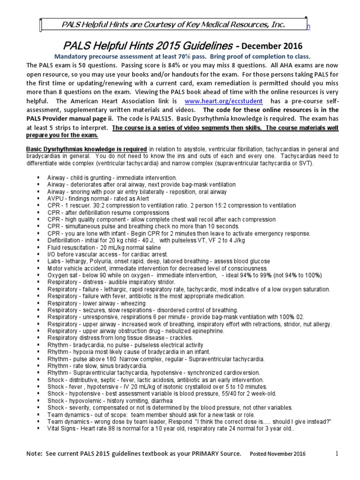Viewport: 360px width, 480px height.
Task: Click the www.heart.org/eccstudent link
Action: (x=224, y=101)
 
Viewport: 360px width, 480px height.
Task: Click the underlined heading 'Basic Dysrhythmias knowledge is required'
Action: (x=86, y=149)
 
